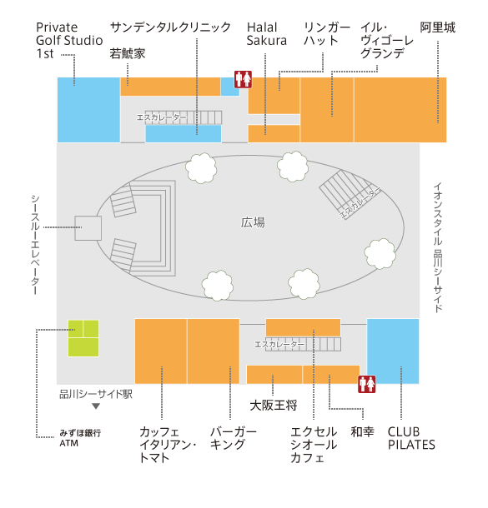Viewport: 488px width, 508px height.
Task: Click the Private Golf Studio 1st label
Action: [69, 40]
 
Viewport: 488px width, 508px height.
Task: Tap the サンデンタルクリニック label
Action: [170, 27]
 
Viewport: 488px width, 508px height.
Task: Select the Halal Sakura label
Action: [267, 33]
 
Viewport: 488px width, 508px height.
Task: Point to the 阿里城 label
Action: [438, 27]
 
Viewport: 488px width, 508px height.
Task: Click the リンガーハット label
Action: [327, 33]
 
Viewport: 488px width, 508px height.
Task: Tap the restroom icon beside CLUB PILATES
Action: [367, 384]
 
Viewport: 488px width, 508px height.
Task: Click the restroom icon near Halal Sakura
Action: [244, 79]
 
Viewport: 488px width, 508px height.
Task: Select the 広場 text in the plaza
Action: [253, 222]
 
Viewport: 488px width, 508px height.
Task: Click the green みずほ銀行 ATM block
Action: [83, 338]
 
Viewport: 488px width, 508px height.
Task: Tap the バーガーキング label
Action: [234, 438]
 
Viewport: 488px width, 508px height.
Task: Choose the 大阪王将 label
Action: [274, 406]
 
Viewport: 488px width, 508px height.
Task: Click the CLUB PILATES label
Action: [411, 438]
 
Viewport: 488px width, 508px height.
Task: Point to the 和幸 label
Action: [362, 432]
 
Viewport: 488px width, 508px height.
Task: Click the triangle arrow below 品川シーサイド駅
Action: [96, 406]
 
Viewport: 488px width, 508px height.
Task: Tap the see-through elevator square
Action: [88, 228]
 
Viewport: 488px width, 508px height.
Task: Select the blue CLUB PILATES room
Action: [393, 351]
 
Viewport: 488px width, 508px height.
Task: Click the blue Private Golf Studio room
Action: [88, 110]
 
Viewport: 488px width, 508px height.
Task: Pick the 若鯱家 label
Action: [128, 54]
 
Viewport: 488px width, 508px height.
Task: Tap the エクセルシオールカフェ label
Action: [314, 445]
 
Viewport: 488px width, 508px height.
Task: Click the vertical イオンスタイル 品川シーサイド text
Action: [438, 247]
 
